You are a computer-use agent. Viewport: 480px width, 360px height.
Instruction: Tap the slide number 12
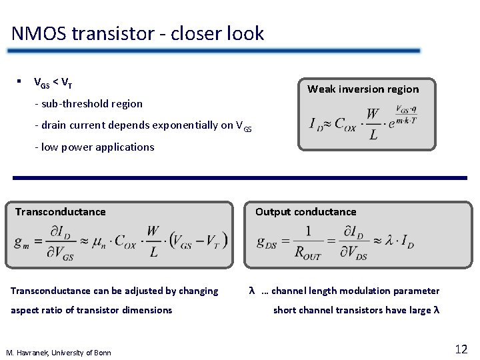pos(461,349)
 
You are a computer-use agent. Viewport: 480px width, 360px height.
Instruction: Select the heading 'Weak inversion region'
pos(363,89)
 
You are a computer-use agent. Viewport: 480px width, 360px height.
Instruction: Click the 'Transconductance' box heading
pos(61,212)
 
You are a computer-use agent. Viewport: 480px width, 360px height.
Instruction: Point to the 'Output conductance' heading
pos(305,212)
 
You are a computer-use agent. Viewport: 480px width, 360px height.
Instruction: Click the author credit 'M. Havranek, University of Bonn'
pos(58,353)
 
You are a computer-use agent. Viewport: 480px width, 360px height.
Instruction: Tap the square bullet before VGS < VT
pos(20,83)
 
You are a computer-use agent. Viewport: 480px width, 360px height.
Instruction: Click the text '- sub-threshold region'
pos(89,103)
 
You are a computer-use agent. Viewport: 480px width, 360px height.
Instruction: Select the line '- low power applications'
pos(94,147)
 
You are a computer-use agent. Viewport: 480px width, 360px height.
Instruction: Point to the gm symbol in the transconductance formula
pos(21,242)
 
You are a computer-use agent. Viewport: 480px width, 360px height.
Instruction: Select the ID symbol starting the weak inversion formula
pos(316,125)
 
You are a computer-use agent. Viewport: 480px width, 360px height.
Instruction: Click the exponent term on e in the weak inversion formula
pos(405,114)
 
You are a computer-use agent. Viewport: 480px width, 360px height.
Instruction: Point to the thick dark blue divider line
pos(240,178)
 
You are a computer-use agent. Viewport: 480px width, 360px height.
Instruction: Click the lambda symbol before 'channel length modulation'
pos(252,291)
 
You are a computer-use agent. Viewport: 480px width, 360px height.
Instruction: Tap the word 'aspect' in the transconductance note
pos(25,310)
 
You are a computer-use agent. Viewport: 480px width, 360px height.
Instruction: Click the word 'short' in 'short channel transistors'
pos(285,310)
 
